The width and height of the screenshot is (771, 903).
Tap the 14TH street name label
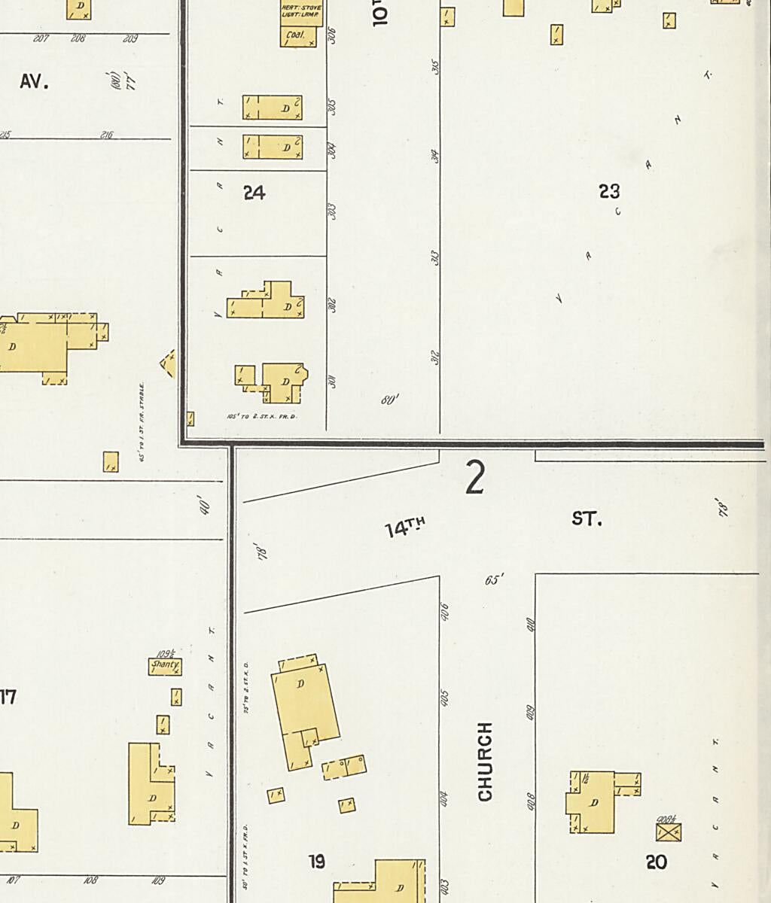coord(405,528)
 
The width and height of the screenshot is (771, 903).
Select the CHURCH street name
coord(486,762)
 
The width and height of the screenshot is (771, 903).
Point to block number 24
coord(254,193)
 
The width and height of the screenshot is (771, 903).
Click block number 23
coord(609,192)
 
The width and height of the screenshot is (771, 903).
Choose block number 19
coord(317,862)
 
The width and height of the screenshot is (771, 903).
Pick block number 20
coord(657,862)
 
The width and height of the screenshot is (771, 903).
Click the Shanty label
coord(165,665)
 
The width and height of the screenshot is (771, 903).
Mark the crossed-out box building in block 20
coord(669,832)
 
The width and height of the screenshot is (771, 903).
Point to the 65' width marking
coord(494,580)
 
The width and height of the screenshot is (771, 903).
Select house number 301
coord(332,382)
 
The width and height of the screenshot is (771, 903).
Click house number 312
coord(434,358)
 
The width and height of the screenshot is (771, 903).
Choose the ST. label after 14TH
coord(586,518)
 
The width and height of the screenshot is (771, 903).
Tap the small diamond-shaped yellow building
coord(168,363)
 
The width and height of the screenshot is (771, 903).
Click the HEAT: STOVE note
coord(301,8)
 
